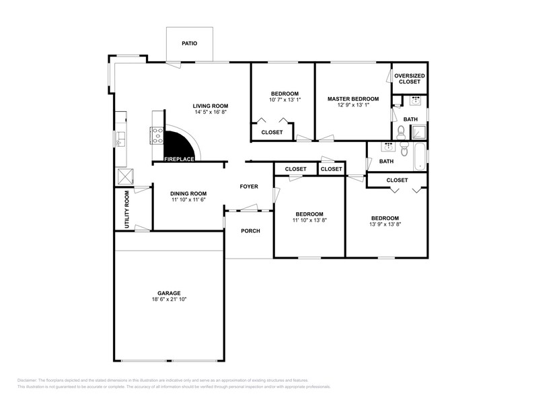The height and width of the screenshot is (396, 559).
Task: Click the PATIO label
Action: [190, 43]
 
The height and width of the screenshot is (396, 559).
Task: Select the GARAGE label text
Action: [169, 293]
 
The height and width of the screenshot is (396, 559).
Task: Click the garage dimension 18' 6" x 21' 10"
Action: [168, 299]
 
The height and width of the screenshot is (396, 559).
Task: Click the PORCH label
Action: [251, 231]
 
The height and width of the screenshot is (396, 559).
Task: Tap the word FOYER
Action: [251, 186]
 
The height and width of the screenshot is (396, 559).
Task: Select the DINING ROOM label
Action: [188, 193]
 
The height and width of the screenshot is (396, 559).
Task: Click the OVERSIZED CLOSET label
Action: [410, 79]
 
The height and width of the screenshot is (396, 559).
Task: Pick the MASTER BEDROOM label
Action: [353, 99]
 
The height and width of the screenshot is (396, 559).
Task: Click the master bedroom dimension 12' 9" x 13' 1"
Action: [353, 105]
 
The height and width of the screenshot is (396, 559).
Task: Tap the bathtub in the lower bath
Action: [419, 156]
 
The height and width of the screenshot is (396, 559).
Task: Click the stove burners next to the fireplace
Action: [157, 136]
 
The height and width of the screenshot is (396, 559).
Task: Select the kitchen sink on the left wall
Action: [120, 139]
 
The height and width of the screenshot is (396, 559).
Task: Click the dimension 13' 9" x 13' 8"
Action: [385, 224]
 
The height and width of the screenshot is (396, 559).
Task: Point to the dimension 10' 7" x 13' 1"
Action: [285, 100]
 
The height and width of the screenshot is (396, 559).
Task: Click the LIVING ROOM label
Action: [211, 106]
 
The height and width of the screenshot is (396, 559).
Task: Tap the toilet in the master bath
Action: [401, 130]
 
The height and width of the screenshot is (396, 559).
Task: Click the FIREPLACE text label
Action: [179, 160]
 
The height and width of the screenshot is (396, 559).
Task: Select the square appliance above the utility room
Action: [125, 177]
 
